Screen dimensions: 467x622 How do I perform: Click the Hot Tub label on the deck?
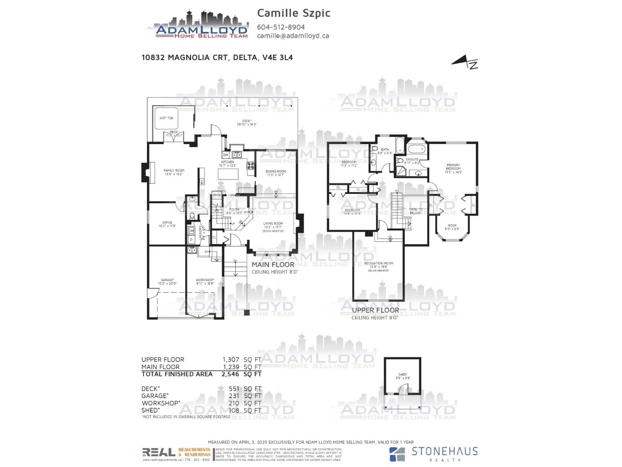click(x=166, y=118)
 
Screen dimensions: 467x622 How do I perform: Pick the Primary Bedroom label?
click(x=453, y=167)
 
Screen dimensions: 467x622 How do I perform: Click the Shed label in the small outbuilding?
click(x=403, y=374)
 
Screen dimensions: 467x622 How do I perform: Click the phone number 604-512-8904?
click(x=281, y=27)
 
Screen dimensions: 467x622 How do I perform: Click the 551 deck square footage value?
click(x=234, y=389)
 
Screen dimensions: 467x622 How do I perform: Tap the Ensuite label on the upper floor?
click(x=412, y=159)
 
